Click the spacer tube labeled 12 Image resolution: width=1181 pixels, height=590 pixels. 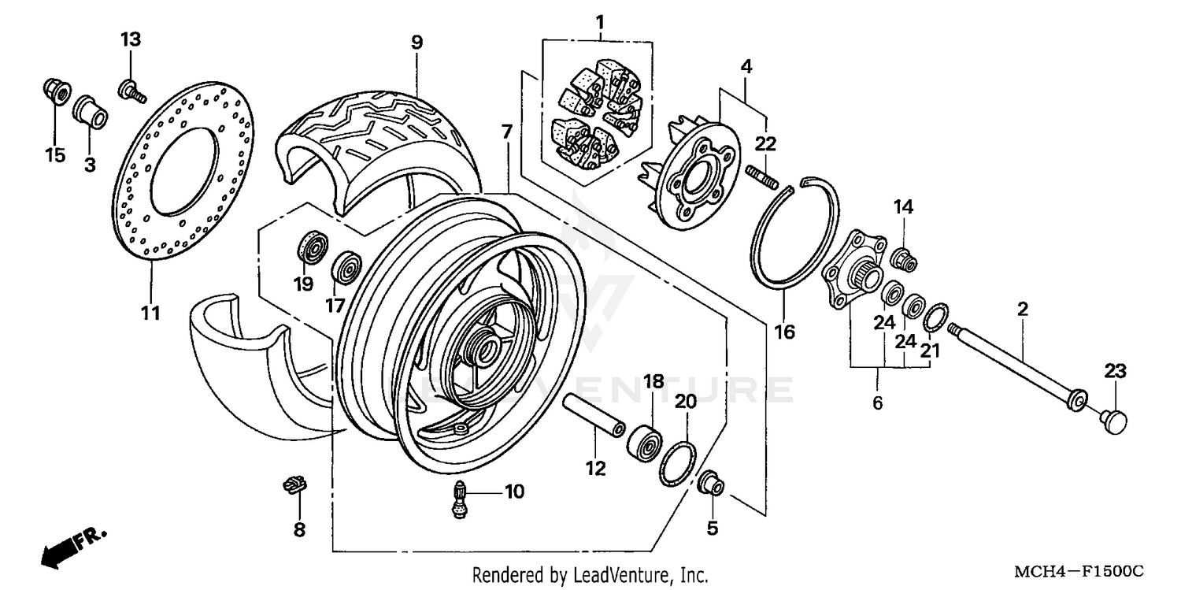(593, 416)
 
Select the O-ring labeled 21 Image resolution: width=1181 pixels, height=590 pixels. (935, 319)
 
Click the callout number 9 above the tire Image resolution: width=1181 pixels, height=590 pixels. (416, 43)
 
